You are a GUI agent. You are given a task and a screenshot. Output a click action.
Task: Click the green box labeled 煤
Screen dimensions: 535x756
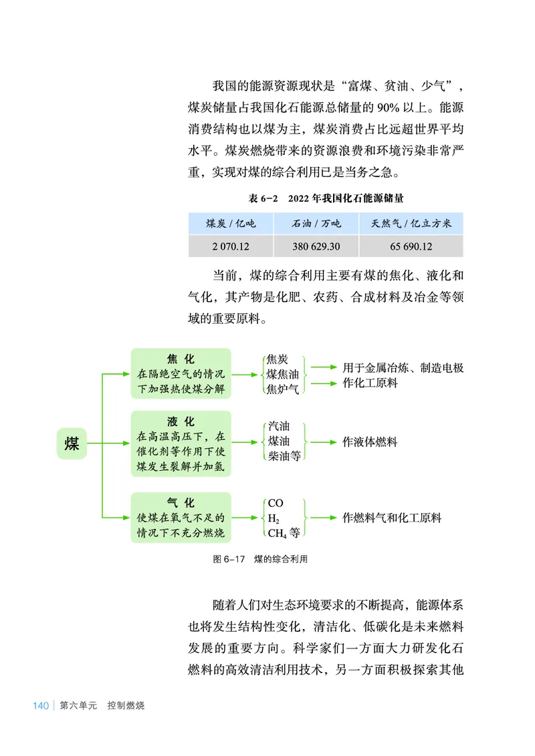click(72, 443)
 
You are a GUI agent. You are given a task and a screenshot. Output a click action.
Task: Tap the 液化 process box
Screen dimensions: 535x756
click(181, 443)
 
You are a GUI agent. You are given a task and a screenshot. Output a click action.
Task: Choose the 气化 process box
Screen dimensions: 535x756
click(181, 517)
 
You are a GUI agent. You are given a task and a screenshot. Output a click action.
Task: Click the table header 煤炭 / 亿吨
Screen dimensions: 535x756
click(231, 223)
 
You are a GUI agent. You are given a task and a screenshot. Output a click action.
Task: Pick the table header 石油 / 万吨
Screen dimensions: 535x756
click(316, 223)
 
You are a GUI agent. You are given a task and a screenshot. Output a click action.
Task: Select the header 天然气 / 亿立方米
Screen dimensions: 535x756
click(411, 223)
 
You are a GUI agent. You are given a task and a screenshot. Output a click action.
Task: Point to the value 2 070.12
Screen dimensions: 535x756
click(231, 246)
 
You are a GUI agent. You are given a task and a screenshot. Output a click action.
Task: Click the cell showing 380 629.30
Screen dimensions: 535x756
click(316, 246)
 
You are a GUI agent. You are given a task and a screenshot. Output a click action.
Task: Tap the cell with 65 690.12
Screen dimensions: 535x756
click(411, 246)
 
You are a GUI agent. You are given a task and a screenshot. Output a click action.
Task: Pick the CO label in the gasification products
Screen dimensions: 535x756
click(276, 503)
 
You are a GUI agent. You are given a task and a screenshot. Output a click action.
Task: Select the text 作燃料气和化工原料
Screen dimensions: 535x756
click(391, 518)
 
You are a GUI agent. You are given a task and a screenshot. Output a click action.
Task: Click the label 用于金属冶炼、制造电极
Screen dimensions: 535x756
click(403, 367)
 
